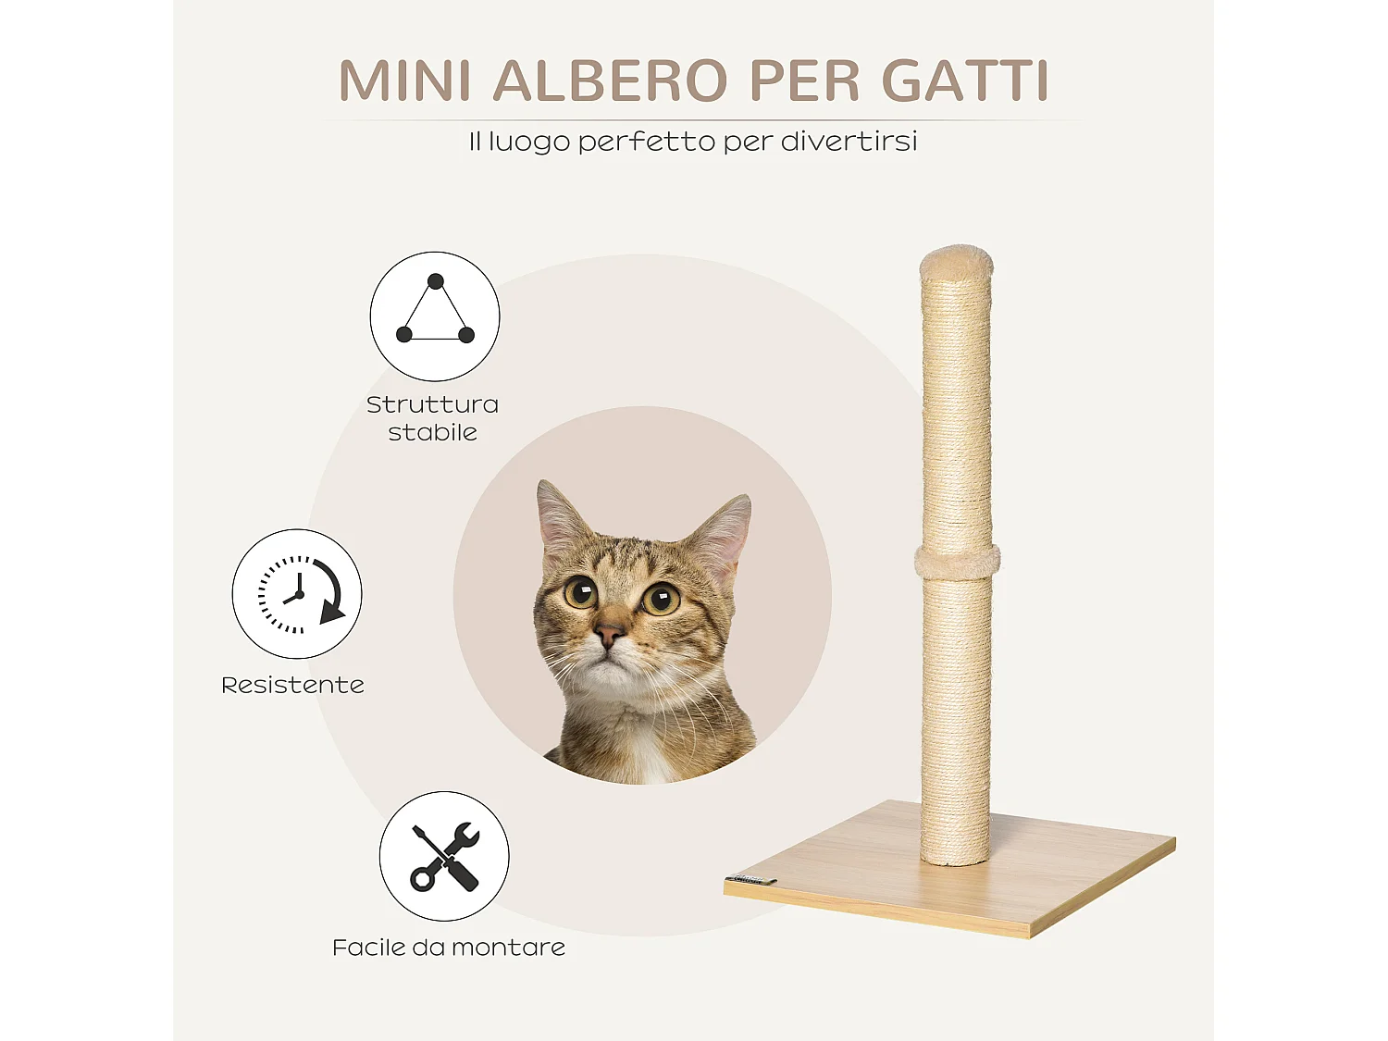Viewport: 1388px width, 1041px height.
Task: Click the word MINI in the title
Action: click(x=405, y=81)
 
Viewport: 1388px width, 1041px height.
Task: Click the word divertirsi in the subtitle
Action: click(x=849, y=142)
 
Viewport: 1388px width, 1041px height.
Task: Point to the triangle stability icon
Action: click(x=435, y=316)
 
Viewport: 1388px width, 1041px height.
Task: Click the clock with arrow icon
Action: click(x=297, y=593)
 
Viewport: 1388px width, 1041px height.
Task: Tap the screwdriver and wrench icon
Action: click(x=444, y=856)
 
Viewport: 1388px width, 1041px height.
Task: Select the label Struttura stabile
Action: click(x=432, y=418)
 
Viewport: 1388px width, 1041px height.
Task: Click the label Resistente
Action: click(x=292, y=685)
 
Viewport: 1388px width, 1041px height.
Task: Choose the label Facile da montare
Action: click(x=449, y=948)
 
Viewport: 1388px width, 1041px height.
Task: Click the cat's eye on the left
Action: click(x=581, y=591)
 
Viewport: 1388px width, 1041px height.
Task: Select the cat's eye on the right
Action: click(x=662, y=600)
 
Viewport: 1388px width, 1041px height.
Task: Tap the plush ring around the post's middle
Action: click(x=958, y=561)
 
